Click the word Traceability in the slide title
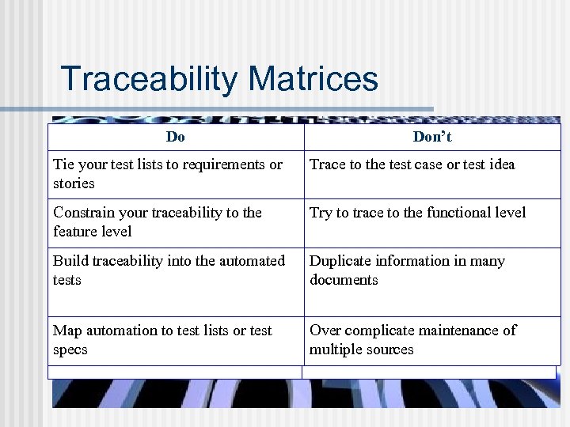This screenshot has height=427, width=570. click(x=150, y=79)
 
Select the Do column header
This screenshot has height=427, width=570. click(x=176, y=137)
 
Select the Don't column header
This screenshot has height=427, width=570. click(x=432, y=137)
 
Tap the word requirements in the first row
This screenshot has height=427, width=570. click(x=224, y=164)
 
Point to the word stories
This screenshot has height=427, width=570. click(x=74, y=183)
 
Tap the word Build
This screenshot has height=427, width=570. click(x=70, y=261)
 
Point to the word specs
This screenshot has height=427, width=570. click(x=70, y=350)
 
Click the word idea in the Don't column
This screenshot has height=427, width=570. click(x=500, y=164)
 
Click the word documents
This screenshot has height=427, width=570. click(x=344, y=280)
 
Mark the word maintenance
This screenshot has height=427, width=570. click(x=458, y=331)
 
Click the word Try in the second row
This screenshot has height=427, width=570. click(x=321, y=213)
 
